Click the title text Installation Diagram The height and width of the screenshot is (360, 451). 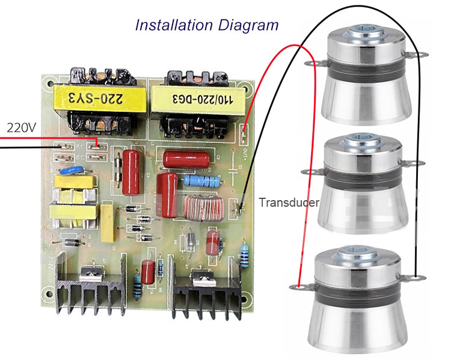pos(206,25)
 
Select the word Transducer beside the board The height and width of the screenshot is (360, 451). pos(289,202)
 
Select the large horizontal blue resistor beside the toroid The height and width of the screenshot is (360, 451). pos(202,180)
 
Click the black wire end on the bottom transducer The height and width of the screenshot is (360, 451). pos(414,278)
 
